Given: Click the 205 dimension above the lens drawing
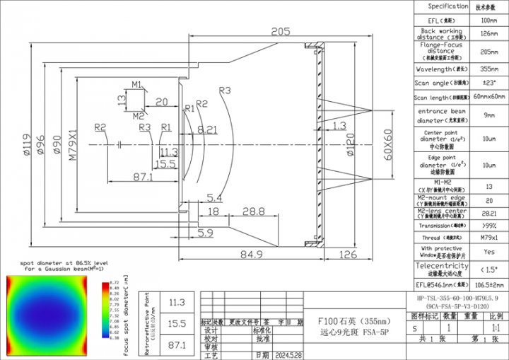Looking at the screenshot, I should point(281,30).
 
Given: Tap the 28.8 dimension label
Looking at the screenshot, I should point(253,211).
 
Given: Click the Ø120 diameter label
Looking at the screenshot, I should point(349,147).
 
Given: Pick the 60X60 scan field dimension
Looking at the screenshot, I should point(387,145).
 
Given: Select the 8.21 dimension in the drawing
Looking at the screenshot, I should point(208,129).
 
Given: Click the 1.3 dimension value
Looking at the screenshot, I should point(339,126).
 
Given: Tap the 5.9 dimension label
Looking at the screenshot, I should point(205,232).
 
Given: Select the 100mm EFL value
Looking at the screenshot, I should point(488,21).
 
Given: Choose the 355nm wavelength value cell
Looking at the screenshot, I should point(488,69).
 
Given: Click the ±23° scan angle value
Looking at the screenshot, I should point(488,83).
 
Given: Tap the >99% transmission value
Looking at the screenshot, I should point(488,225).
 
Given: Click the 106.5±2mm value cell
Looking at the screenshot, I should point(488,284).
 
